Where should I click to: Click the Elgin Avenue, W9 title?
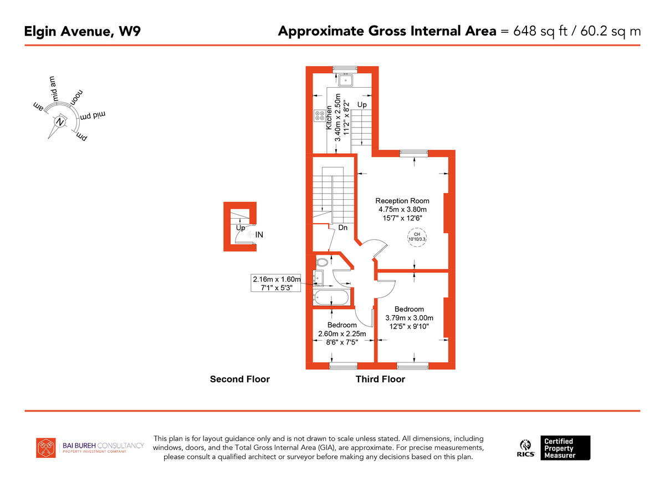(82, 31)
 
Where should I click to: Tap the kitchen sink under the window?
(347, 80)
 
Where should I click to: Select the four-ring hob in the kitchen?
(320, 116)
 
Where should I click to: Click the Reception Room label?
(402, 201)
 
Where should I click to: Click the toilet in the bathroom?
(321, 262)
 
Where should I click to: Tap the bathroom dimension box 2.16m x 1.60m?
(277, 283)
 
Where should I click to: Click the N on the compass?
(60, 122)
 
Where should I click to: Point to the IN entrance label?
(259, 235)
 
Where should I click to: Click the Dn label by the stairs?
(342, 228)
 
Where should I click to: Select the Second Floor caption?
(239, 380)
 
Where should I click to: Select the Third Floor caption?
(380, 380)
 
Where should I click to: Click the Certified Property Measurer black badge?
(566, 448)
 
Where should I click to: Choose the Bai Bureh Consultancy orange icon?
(46, 448)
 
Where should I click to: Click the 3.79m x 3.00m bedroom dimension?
(409, 318)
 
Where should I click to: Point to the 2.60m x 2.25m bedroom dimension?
(341, 334)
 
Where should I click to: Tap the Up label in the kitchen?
(361, 104)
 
